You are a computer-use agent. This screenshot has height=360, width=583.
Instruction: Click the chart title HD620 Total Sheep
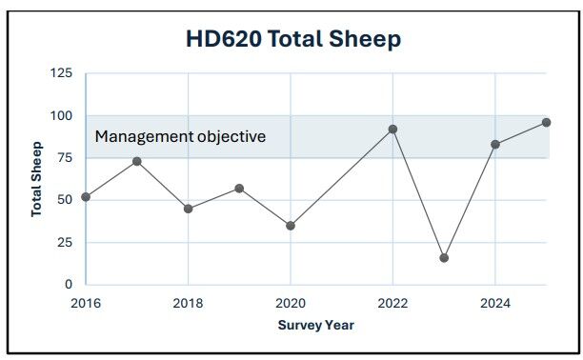[x=292, y=39]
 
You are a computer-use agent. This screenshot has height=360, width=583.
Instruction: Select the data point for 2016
[x=86, y=197]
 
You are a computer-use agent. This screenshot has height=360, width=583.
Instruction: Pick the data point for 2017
[x=137, y=161]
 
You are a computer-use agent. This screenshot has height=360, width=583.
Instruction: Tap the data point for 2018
[x=189, y=209]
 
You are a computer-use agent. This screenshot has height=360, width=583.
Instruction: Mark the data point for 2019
[x=239, y=188]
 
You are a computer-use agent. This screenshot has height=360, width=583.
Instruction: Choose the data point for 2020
[x=291, y=226]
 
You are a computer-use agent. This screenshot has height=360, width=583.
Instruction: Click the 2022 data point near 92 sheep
[x=392, y=129]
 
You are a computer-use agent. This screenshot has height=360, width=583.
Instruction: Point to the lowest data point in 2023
[x=444, y=258]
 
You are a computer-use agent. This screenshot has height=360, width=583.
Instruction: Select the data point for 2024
[x=495, y=144]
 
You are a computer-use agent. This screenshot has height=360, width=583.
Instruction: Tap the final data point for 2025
[x=547, y=122]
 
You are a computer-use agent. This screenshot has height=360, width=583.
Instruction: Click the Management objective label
[x=180, y=136]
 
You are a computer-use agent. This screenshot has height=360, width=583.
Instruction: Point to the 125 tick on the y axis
[x=62, y=73]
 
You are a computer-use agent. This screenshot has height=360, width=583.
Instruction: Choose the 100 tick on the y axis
[x=62, y=115]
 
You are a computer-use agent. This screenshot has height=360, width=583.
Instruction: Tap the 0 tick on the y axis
[x=69, y=285]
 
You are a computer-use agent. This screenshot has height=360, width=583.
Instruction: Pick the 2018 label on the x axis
[x=189, y=303]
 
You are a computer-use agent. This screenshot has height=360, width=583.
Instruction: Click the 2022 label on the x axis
[x=392, y=303]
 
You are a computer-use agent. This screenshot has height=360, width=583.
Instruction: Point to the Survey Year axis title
[x=316, y=325]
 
